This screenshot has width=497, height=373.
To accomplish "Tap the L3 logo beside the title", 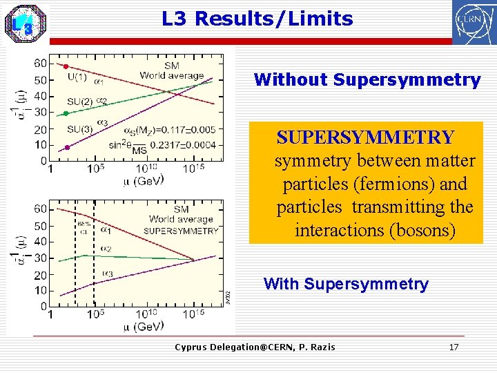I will [x=25, y=23].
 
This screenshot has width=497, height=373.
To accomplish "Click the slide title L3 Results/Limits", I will [x=257, y=19].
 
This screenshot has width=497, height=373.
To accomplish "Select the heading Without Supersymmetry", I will [x=367, y=79].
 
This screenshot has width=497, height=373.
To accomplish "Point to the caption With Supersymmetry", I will [x=346, y=284].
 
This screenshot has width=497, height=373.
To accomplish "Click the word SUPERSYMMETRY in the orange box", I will [x=365, y=137].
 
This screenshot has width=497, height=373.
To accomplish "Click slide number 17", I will [x=453, y=347].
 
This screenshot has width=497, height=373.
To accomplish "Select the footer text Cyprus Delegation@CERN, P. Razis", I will [x=255, y=347].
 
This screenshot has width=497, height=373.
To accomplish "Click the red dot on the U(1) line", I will [x=66, y=66].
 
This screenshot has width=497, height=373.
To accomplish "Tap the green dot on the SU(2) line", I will [x=66, y=113].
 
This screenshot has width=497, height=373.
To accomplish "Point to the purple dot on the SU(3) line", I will [x=67, y=147].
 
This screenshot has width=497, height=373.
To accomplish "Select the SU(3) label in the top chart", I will [x=80, y=128].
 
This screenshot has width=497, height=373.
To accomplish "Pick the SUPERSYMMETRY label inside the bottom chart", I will [x=181, y=231].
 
